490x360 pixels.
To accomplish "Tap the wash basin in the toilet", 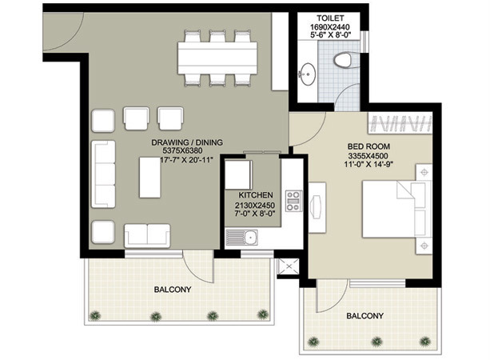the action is coord(307,74).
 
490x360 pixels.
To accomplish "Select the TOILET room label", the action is coord(330,18).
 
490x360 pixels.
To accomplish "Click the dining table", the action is coord(217,58).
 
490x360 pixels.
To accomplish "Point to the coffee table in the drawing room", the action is coord(150,178).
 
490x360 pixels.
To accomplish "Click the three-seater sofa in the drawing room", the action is coord(103,174).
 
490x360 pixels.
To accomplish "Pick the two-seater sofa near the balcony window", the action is coord(147,235).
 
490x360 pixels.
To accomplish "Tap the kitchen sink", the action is coord(241,237).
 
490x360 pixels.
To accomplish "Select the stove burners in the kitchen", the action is coord(293,201).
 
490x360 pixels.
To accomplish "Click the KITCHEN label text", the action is coord(256,195).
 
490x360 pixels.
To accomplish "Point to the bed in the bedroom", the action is coord(394,209).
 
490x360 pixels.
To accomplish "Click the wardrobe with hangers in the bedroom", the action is coord(400,123).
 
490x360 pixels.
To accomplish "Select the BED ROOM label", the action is coord(368,146).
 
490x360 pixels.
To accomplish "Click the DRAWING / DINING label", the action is coord(187,142).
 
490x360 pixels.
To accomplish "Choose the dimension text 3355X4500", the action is coord(368,156).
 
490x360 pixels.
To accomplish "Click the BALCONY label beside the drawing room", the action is coord(173,290).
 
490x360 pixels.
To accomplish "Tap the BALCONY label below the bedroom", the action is coord(365,316).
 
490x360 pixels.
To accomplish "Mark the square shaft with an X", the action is coord(288,266).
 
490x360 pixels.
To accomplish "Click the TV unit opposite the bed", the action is coord(317,207).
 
